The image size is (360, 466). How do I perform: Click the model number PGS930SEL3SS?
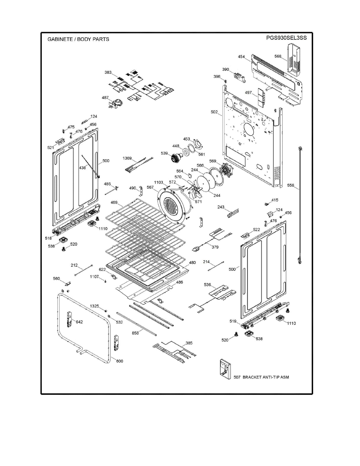pyautogui.click(x=286, y=38)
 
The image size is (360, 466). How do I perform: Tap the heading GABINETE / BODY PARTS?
pyautogui.click(x=78, y=39)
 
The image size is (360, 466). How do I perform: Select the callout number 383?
pyautogui.click(x=108, y=72)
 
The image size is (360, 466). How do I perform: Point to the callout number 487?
pyautogui.click(x=105, y=97)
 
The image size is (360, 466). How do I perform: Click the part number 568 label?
pyautogui.click(x=278, y=56)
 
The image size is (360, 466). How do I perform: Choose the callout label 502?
pyautogui.click(x=214, y=112)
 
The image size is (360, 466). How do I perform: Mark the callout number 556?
pyautogui.click(x=291, y=185)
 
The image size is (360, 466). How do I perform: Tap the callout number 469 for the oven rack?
pyautogui.click(x=114, y=202)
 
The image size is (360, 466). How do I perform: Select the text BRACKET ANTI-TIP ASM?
pyautogui.click(x=266, y=377)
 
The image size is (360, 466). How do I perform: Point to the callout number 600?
pyautogui.click(x=120, y=361)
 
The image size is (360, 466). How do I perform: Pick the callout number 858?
pyautogui.click(x=135, y=333)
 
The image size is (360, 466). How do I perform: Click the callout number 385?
pyautogui.click(x=189, y=343)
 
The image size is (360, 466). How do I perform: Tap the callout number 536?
pyautogui.click(x=207, y=285)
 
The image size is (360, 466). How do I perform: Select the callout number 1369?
pyautogui.click(x=127, y=158)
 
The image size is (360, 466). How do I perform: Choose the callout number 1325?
pyautogui.click(x=95, y=306)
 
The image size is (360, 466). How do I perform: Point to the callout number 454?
pyautogui.click(x=241, y=57)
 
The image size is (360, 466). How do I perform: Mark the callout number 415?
pyautogui.click(x=275, y=200)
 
